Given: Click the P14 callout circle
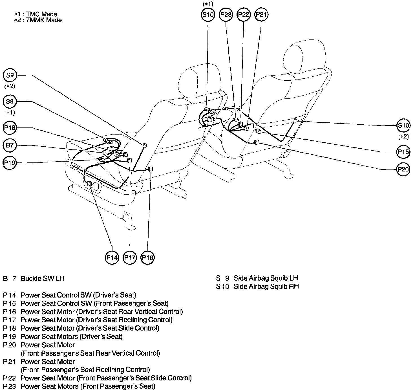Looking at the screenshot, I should pyautogui.click(x=112, y=257).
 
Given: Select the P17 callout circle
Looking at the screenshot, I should pyautogui.click(x=130, y=257).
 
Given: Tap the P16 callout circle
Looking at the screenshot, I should pyautogui.click(x=147, y=257).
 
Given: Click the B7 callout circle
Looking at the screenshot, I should pyautogui.click(x=10, y=146).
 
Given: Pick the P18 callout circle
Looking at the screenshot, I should pyautogui.click(x=10, y=128).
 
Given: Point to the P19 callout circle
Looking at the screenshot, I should pyautogui.click(x=10, y=163).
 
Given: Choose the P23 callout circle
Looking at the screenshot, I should pyautogui.click(x=226, y=15).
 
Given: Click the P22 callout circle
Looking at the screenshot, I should pyautogui.click(x=244, y=15).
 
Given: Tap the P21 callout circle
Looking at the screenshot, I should pyautogui.click(x=261, y=15).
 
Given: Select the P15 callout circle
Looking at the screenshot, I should pyautogui.click(x=403, y=152).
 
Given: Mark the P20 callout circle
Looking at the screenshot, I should pyautogui.click(x=403, y=169).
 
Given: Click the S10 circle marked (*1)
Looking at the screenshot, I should pyautogui.click(x=208, y=15).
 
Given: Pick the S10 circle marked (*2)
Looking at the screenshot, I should pyautogui.click(x=403, y=125).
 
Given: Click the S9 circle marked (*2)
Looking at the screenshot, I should pyautogui.click(x=10, y=75).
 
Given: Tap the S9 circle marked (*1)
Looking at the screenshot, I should pyautogui.click(x=10, y=102).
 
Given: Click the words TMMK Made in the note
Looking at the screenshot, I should pyautogui.click(x=44, y=20).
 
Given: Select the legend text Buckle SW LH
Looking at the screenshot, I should pyautogui.click(x=43, y=278).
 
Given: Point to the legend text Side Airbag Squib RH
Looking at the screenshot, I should pyautogui.click(x=266, y=287).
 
